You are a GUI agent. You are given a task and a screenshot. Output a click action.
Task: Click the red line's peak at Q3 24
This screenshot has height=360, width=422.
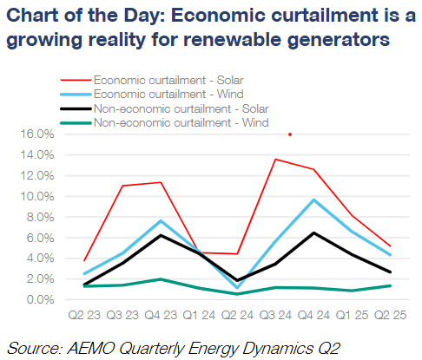[274, 159]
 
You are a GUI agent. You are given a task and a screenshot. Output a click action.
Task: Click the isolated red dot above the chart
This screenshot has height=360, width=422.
[290, 134]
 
